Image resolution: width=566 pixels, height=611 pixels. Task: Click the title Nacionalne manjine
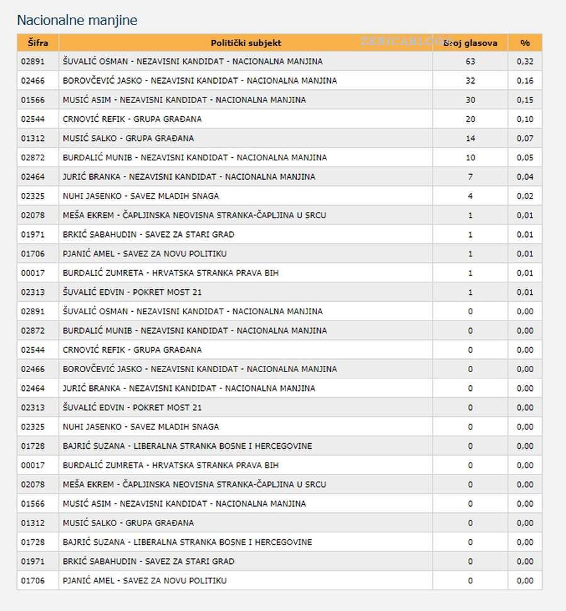tap(77, 20)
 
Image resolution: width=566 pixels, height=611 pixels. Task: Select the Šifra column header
tap(37, 43)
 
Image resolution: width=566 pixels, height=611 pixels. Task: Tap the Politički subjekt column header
tap(245, 43)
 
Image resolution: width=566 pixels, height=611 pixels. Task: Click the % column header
tap(524, 43)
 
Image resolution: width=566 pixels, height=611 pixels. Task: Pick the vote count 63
tap(470, 62)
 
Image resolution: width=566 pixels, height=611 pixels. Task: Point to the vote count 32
tap(470, 80)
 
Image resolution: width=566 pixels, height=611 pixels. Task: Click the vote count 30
tap(470, 100)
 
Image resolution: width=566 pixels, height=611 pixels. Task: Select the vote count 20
tap(470, 119)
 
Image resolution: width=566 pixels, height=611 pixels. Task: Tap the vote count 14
tap(470, 138)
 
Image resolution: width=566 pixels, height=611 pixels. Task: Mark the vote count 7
tap(470, 177)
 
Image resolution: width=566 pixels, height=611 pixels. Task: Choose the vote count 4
tap(470, 196)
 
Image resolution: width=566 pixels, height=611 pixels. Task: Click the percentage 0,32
tap(524, 62)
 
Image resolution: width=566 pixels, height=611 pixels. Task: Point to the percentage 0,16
tap(524, 80)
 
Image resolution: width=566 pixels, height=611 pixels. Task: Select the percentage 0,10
tap(524, 119)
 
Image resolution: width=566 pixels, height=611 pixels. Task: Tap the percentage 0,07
tap(524, 138)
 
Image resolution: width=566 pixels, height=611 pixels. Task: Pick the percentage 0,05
tap(524, 158)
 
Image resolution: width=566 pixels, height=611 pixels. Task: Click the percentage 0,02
tap(524, 196)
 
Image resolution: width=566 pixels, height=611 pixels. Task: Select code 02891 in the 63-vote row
tap(33, 62)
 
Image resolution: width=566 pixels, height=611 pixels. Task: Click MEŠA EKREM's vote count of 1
tap(470, 215)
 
